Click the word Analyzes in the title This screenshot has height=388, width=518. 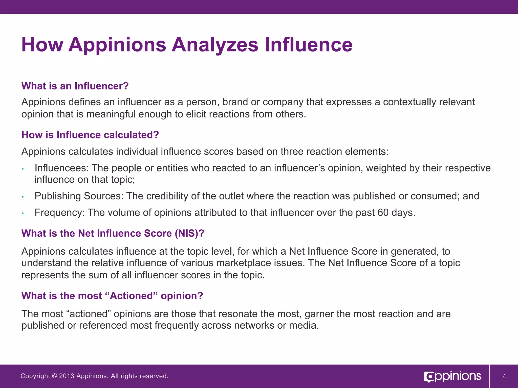pos(215,45)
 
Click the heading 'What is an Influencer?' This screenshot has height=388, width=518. pos(75,86)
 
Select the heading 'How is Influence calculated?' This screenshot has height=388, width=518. pos(90,135)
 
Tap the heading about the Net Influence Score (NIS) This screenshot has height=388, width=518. pos(113,233)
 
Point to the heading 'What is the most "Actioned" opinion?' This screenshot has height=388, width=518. pos(112,296)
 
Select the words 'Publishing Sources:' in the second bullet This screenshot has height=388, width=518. pos(79,196)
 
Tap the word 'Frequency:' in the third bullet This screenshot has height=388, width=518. pos(59,213)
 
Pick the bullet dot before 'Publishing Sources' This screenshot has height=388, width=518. pos(23,197)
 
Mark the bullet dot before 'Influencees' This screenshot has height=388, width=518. pos(23,169)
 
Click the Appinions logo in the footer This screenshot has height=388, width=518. pos(452,376)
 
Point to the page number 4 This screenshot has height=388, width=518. pos(504,376)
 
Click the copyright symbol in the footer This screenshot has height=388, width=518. pos(54,376)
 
